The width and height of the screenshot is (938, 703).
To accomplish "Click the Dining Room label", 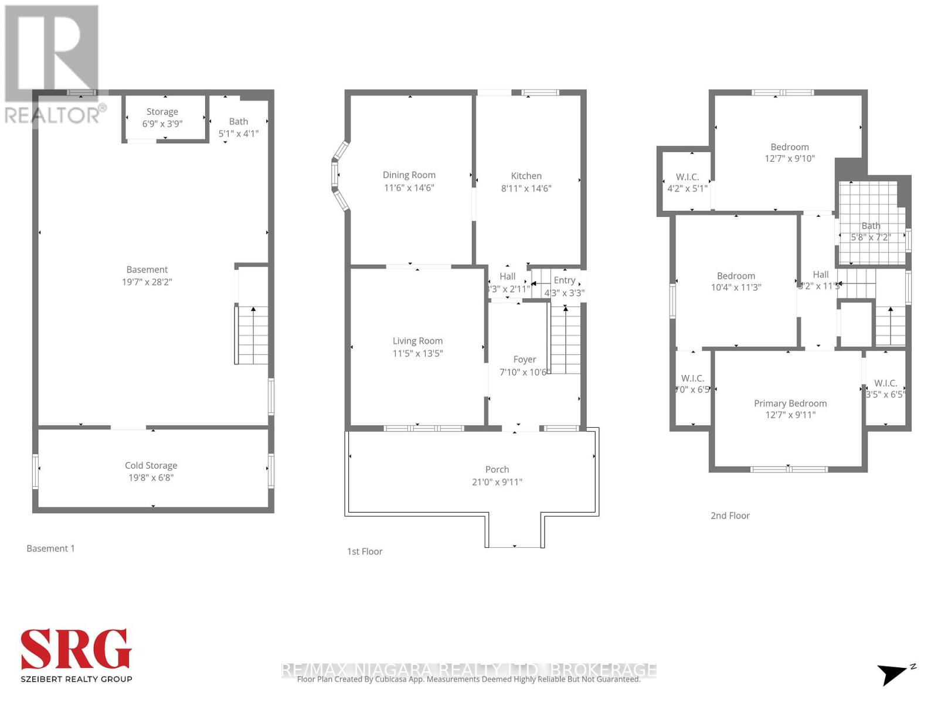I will click(409, 175).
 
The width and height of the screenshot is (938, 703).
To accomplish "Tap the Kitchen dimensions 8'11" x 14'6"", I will click(526, 189).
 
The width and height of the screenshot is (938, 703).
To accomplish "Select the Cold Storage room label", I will click(151, 466).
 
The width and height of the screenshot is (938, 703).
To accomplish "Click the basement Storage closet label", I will click(162, 112).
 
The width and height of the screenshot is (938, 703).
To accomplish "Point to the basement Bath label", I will click(238, 122).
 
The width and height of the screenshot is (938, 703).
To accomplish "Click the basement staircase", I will click(253, 335).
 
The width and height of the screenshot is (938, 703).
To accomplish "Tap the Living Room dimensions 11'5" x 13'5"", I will click(417, 353).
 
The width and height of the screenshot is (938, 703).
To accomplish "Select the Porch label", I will click(497, 470).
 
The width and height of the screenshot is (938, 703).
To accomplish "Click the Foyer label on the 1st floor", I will click(524, 360).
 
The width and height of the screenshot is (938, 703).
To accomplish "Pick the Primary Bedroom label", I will click(790, 404).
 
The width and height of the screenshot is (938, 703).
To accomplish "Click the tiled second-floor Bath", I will click(870, 226).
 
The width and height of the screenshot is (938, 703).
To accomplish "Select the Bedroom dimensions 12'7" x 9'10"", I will click(790, 159).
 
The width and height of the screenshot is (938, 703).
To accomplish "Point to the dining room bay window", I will click(340, 176).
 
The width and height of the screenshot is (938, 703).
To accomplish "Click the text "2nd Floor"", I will click(730, 516).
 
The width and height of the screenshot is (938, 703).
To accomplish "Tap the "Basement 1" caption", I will click(50, 548).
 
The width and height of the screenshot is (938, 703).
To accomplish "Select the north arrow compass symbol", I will click(895, 674).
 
